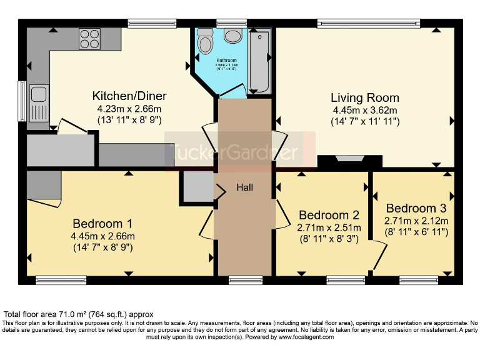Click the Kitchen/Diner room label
129,96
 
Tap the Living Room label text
365,98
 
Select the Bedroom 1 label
103,224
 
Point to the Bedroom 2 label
328,216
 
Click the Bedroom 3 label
416,208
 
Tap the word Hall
244,187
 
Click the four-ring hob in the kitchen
90,39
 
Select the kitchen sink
39,96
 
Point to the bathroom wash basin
234,36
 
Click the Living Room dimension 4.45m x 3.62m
365,110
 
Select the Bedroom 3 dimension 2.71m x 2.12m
416,221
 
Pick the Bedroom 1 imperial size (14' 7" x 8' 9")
103,247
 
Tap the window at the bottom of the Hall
244,279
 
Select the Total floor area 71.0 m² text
79,314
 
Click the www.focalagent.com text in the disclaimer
301,337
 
